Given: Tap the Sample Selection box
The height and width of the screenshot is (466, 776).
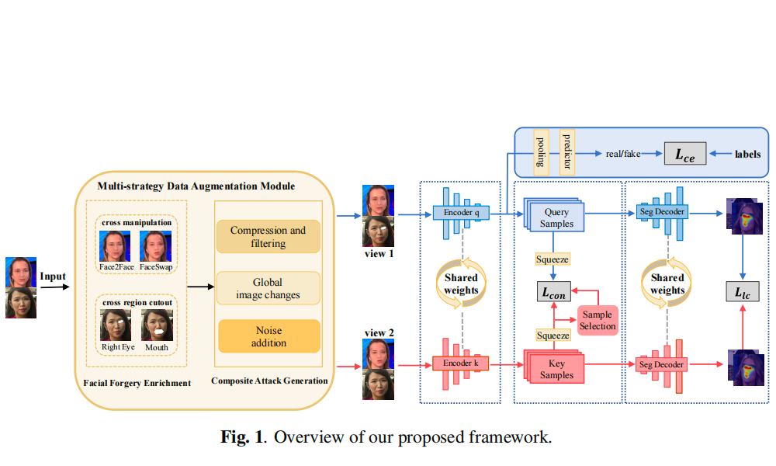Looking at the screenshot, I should click(x=597, y=320).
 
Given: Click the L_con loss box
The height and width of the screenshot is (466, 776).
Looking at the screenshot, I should click(x=554, y=294).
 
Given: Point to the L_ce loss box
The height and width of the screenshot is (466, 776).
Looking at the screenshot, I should click(x=684, y=155).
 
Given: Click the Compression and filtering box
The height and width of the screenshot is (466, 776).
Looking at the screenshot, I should click(x=268, y=237).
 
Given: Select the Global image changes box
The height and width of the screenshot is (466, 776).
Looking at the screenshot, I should click(x=268, y=287).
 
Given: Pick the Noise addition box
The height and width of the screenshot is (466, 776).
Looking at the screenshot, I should click(x=268, y=337).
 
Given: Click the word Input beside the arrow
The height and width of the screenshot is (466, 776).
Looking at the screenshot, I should click(x=54, y=277).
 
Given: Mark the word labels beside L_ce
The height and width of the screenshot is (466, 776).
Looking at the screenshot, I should click(x=748, y=155).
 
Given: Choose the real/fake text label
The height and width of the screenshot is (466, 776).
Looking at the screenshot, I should click(x=623, y=155).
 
